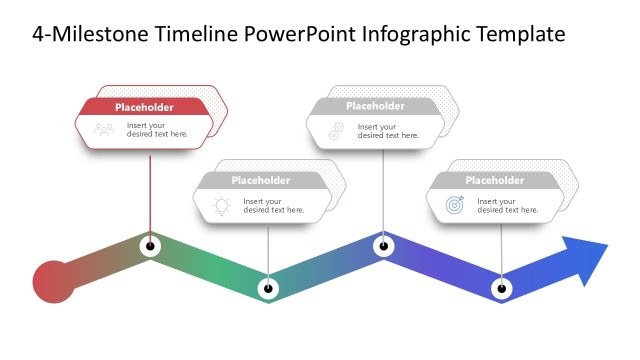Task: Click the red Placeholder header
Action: point(144,107)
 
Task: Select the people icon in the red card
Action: point(104,129)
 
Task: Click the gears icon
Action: point(335,130)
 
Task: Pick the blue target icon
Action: point(454,205)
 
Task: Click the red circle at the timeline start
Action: point(53,280)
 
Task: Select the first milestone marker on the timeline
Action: point(150,245)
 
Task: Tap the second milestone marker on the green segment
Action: point(267,289)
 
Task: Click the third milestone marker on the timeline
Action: point(383,245)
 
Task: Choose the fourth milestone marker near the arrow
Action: point(502,289)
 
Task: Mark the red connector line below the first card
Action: point(150,190)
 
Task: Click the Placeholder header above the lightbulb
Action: point(260,181)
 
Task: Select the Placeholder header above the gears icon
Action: point(375,107)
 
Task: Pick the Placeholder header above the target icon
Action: point(494,181)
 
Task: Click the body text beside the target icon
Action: point(507,205)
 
